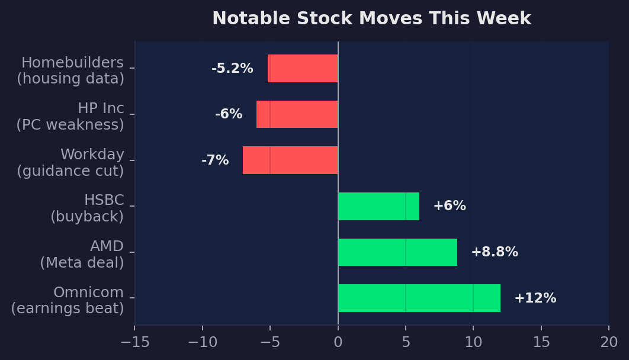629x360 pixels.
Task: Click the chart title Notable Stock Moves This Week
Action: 371,19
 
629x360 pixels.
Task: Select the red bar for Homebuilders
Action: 303,69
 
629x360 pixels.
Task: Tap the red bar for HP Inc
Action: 297,114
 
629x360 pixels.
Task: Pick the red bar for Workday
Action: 290,160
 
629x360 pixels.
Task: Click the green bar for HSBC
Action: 378,206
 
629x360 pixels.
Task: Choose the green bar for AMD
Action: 397,252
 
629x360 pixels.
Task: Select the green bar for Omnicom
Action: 419,298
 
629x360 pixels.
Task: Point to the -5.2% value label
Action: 232,69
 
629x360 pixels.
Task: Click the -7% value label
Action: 215,160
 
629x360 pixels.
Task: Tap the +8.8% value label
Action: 495,252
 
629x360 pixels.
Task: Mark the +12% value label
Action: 535,298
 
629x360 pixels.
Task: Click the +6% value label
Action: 450,206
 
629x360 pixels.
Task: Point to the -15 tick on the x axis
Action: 134,342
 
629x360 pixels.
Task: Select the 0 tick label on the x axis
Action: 338,342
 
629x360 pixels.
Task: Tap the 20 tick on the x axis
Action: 609,342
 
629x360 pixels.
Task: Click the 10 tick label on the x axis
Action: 473,342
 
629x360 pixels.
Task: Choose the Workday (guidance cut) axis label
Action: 70,163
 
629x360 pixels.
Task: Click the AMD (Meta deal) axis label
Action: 82,255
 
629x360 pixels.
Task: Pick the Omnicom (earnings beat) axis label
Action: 68,300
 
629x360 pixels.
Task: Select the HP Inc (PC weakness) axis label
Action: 70,117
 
